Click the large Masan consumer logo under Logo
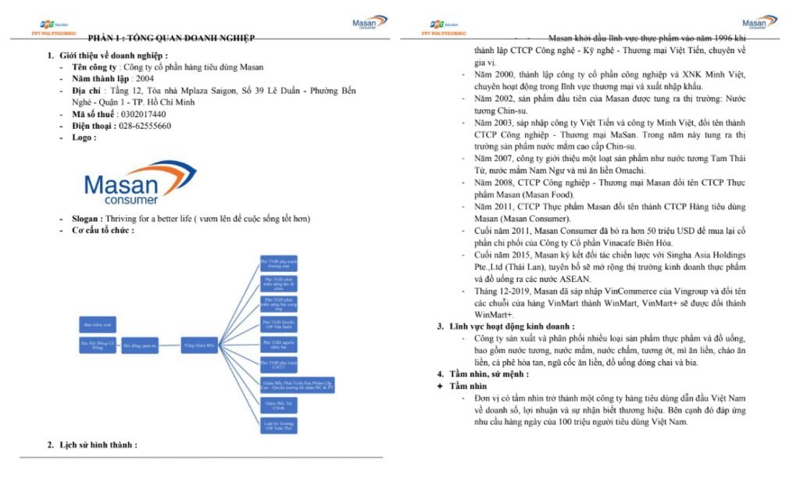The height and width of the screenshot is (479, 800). click(129, 184)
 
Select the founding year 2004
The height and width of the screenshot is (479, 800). click(145, 79)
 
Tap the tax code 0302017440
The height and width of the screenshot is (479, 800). click(144, 114)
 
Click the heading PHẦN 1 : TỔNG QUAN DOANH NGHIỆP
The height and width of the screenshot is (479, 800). click(171, 38)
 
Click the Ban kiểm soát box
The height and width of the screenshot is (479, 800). click(98, 323)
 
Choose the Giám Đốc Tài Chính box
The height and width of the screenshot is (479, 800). click(279, 405)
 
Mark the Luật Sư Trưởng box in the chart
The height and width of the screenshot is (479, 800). click(279, 426)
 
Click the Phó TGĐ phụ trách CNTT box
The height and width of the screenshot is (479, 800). click(279, 363)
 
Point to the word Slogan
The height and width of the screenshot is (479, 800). click(86, 219)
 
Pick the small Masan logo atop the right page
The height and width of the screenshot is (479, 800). click(759, 24)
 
